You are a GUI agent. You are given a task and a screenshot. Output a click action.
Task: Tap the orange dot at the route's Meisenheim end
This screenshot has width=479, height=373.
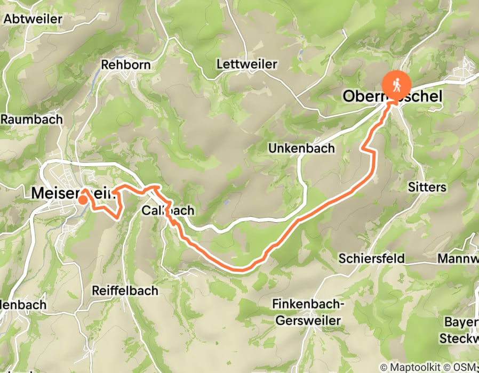pyautogui.click(x=83, y=200)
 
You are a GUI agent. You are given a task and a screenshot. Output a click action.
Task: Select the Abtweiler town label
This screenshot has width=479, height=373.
pyautogui.click(x=33, y=19)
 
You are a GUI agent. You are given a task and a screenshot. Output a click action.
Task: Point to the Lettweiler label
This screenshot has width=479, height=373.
pyautogui.click(x=247, y=64)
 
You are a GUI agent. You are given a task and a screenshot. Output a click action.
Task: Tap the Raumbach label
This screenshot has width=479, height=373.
pyautogui.click(x=31, y=119)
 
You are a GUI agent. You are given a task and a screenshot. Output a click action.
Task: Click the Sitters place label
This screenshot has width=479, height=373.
pyautogui.click(x=427, y=187)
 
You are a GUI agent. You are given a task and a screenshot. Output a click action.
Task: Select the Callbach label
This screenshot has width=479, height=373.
pyautogui.click(x=168, y=211)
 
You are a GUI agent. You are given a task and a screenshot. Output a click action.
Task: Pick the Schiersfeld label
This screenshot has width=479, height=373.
pyautogui.click(x=372, y=258)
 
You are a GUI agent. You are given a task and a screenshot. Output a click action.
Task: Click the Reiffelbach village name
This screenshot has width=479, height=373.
pyautogui.click(x=125, y=290)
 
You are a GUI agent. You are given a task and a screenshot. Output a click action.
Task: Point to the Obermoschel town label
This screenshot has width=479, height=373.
pyautogui.click(x=393, y=96)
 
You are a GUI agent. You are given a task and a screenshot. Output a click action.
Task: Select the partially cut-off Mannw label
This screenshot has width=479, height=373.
pyautogui.click(x=458, y=258)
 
